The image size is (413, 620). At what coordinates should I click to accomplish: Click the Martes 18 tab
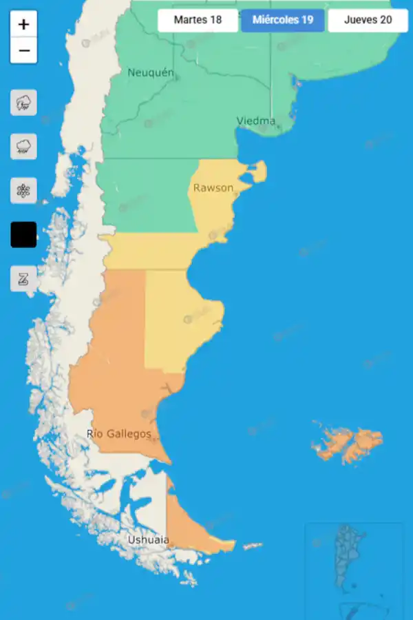click(198, 20)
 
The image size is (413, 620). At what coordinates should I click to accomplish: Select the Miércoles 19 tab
click(282, 20)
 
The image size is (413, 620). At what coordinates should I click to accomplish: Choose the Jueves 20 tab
click(368, 20)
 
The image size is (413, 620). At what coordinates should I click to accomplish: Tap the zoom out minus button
click(23, 50)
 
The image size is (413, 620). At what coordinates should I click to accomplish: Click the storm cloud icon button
click(23, 103)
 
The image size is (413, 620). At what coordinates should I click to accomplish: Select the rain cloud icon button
click(23, 147)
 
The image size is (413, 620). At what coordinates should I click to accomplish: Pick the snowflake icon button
click(23, 191)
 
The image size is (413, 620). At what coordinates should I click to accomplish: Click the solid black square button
click(23, 235)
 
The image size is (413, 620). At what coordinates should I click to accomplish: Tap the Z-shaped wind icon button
click(23, 279)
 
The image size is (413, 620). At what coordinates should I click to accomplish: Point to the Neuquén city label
click(151, 72)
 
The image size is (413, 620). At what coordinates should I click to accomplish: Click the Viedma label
click(256, 121)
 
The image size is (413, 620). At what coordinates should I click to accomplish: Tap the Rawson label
click(213, 187)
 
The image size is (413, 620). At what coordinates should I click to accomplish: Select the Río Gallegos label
click(119, 433)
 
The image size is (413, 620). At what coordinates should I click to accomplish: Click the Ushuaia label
click(148, 540)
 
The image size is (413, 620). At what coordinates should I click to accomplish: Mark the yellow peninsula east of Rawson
click(257, 172)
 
